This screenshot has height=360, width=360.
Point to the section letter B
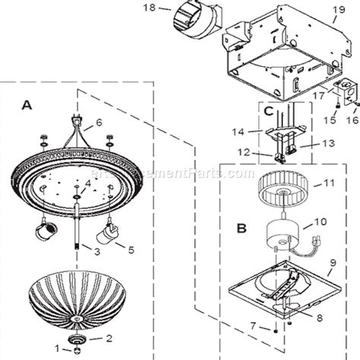tap(241, 226)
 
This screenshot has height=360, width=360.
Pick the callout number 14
tap(238, 131)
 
